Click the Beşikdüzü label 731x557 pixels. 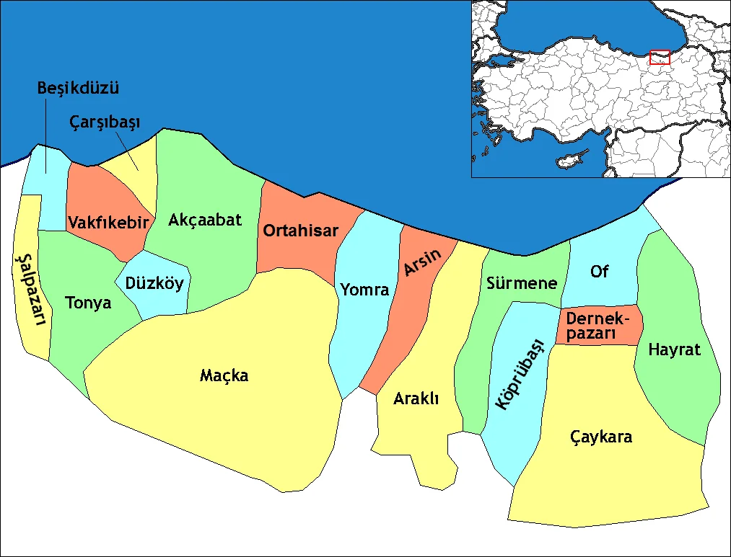pos(78,89)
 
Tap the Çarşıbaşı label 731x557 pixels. pos(105,123)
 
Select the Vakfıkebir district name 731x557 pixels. pos(108,221)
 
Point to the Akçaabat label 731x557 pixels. pos(205,220)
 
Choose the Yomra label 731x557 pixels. pos(364,290)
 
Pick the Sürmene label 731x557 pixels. pos(522,283)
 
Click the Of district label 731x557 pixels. pos(599,272)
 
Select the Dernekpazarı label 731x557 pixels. pos(598,326)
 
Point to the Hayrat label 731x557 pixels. pos(675,350)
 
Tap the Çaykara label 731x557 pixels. pos(601,437)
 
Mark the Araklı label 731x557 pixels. pos(416,399)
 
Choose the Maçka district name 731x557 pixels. pos(224,375)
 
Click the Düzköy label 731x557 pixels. pos(154,283)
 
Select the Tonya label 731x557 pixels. pos(88,303)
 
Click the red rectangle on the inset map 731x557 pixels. pos(660,57)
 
